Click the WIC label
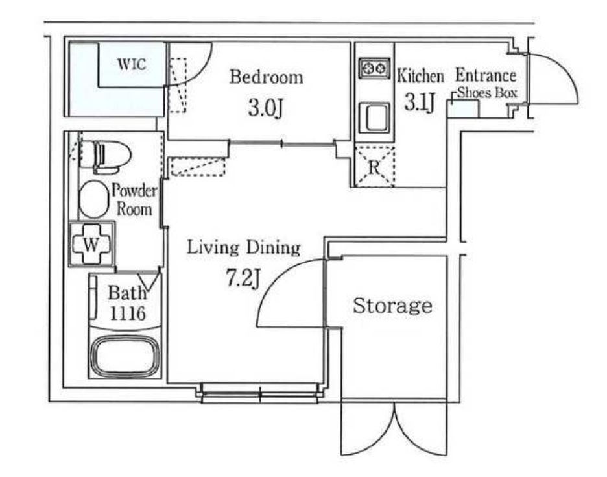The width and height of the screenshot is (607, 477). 132,64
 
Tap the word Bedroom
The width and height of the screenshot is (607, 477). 267,77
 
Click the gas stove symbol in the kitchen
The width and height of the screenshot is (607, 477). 374,69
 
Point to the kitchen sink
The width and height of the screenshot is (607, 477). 374,117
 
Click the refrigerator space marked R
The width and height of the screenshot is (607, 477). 374,167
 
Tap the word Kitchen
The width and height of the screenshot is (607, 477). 420,76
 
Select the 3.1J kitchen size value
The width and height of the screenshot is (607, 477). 420,103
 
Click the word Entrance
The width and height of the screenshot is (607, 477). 486,75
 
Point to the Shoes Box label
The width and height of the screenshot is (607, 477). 488,93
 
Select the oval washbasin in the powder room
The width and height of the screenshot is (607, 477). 93,199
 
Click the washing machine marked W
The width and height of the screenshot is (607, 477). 91,244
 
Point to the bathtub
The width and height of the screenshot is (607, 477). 125,356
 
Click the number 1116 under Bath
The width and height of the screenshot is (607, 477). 128,313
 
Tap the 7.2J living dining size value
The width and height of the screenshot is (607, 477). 243,278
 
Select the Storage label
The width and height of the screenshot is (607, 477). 392,306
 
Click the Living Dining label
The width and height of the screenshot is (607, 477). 244,248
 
